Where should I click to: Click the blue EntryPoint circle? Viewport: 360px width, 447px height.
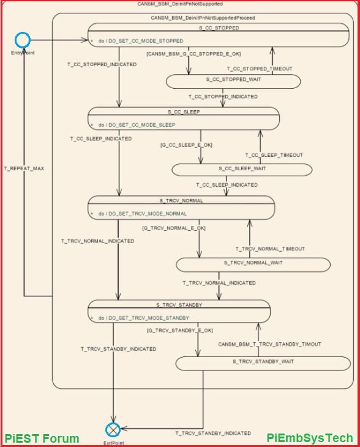pyautogui.click(x=23, y=40)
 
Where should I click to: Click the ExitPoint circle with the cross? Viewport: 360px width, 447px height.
pyautogui.click(x=112, y=429)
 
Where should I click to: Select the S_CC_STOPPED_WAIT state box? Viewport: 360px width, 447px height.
pyautogui.click(x=233, y=81)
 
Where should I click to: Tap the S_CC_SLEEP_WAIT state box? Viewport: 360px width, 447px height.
pyautogui.click(x=242, y=169)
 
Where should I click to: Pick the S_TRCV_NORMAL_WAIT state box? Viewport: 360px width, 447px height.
pyautogui.click(x=253, y=264)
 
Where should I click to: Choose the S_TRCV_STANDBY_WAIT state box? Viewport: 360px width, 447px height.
pyautogui.click(x=263, y=363)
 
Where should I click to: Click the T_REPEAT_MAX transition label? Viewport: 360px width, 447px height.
pyautogui.click(x=24, y=167)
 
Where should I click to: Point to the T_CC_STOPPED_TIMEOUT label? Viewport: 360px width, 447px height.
pyautogui.click(x=260, y=69)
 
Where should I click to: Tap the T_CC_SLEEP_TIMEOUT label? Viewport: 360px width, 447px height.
pyautogui.click(x=274, y=155)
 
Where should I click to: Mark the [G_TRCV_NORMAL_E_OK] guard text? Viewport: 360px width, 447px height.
pyautogui.click(x=174, y=228)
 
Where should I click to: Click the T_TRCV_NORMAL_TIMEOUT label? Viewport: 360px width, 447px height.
pyautogui.click(x=270, y=249)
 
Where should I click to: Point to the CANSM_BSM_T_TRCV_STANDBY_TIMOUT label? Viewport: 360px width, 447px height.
pyautogui.click(x=269, y=344)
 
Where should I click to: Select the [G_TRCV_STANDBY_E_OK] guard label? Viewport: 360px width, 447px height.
pyautogui.click(x=180, y=330)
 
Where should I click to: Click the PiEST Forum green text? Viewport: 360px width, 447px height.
pyautogui.click(x=42, y=438)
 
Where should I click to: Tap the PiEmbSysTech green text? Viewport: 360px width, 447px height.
pyautogui.click(x=310, y=438)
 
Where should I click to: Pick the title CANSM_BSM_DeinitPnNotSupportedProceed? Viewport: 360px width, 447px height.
pyautogui.click(x=203, y=18)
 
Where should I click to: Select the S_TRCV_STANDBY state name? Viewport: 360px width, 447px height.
pyautogui.click(x=179, y=304)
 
